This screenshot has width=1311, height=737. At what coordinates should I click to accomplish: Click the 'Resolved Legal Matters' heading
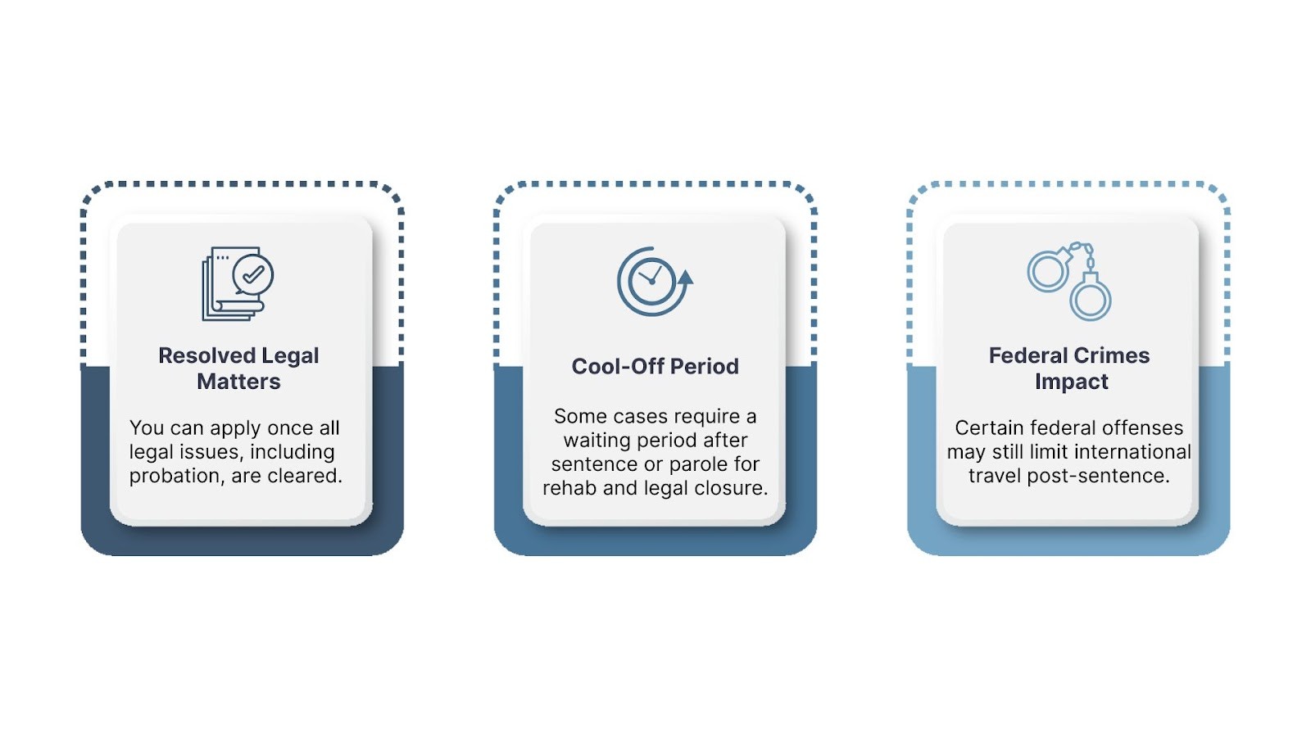(238, 368)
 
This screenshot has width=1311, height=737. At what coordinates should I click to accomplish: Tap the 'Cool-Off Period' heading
(655, 367)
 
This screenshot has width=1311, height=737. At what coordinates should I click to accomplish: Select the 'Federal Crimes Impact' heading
(1069, 368)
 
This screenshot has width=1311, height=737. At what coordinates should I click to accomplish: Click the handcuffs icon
(1069, 281)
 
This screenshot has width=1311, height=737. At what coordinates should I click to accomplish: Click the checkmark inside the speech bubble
(253, 274)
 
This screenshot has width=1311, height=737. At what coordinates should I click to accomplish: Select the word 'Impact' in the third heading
(1071, 382)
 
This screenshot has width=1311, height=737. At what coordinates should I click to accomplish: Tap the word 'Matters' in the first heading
(238, 382)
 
